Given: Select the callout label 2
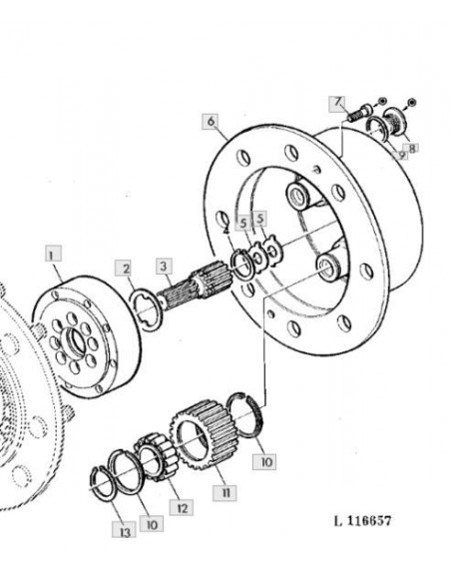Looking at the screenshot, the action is pos(125,269).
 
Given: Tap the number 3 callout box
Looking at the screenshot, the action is pos(164,266).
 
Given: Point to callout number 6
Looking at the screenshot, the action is pos(211,121).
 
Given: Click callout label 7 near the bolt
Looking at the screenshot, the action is pos(337,102).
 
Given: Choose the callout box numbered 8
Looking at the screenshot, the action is pos(412,148).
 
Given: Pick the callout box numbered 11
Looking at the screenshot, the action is pos(225,492).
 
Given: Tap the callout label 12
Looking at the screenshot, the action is pos(182,507).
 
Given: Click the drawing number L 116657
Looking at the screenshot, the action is pos(362,520).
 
